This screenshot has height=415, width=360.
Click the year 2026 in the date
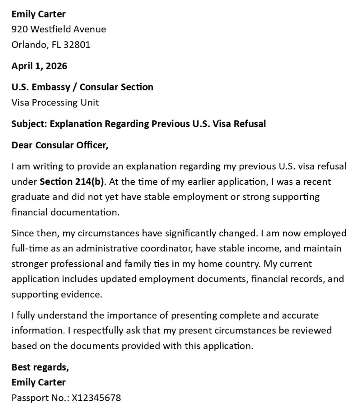pos(56,66)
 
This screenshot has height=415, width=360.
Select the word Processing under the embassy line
pos(53,102)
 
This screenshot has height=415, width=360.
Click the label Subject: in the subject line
pos(29,124)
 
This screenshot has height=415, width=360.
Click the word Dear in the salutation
pos(22,145)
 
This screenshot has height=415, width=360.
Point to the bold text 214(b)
pos(90,182)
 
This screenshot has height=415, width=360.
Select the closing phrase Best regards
pos(40,367)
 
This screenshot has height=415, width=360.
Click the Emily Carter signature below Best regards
pos(38,382)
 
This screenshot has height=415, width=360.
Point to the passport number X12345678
pos(96,398)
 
